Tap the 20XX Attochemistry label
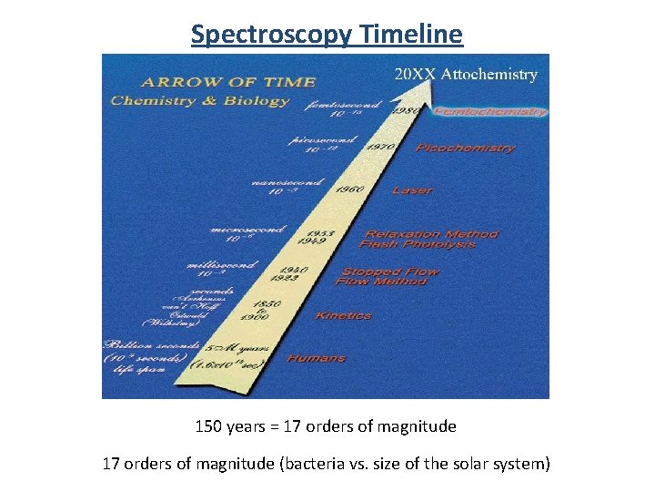tap(465, 75)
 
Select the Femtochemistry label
tap(490, 112)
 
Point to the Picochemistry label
tap(465, 148)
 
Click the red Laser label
tap(411, 190)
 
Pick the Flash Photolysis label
tap(417, 244)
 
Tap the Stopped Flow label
tap(389, 271)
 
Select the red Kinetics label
tap(343, 315)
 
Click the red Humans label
tap(316, 358)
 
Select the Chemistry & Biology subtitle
tap(199, 100)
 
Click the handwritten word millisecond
tap(221, 265)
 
